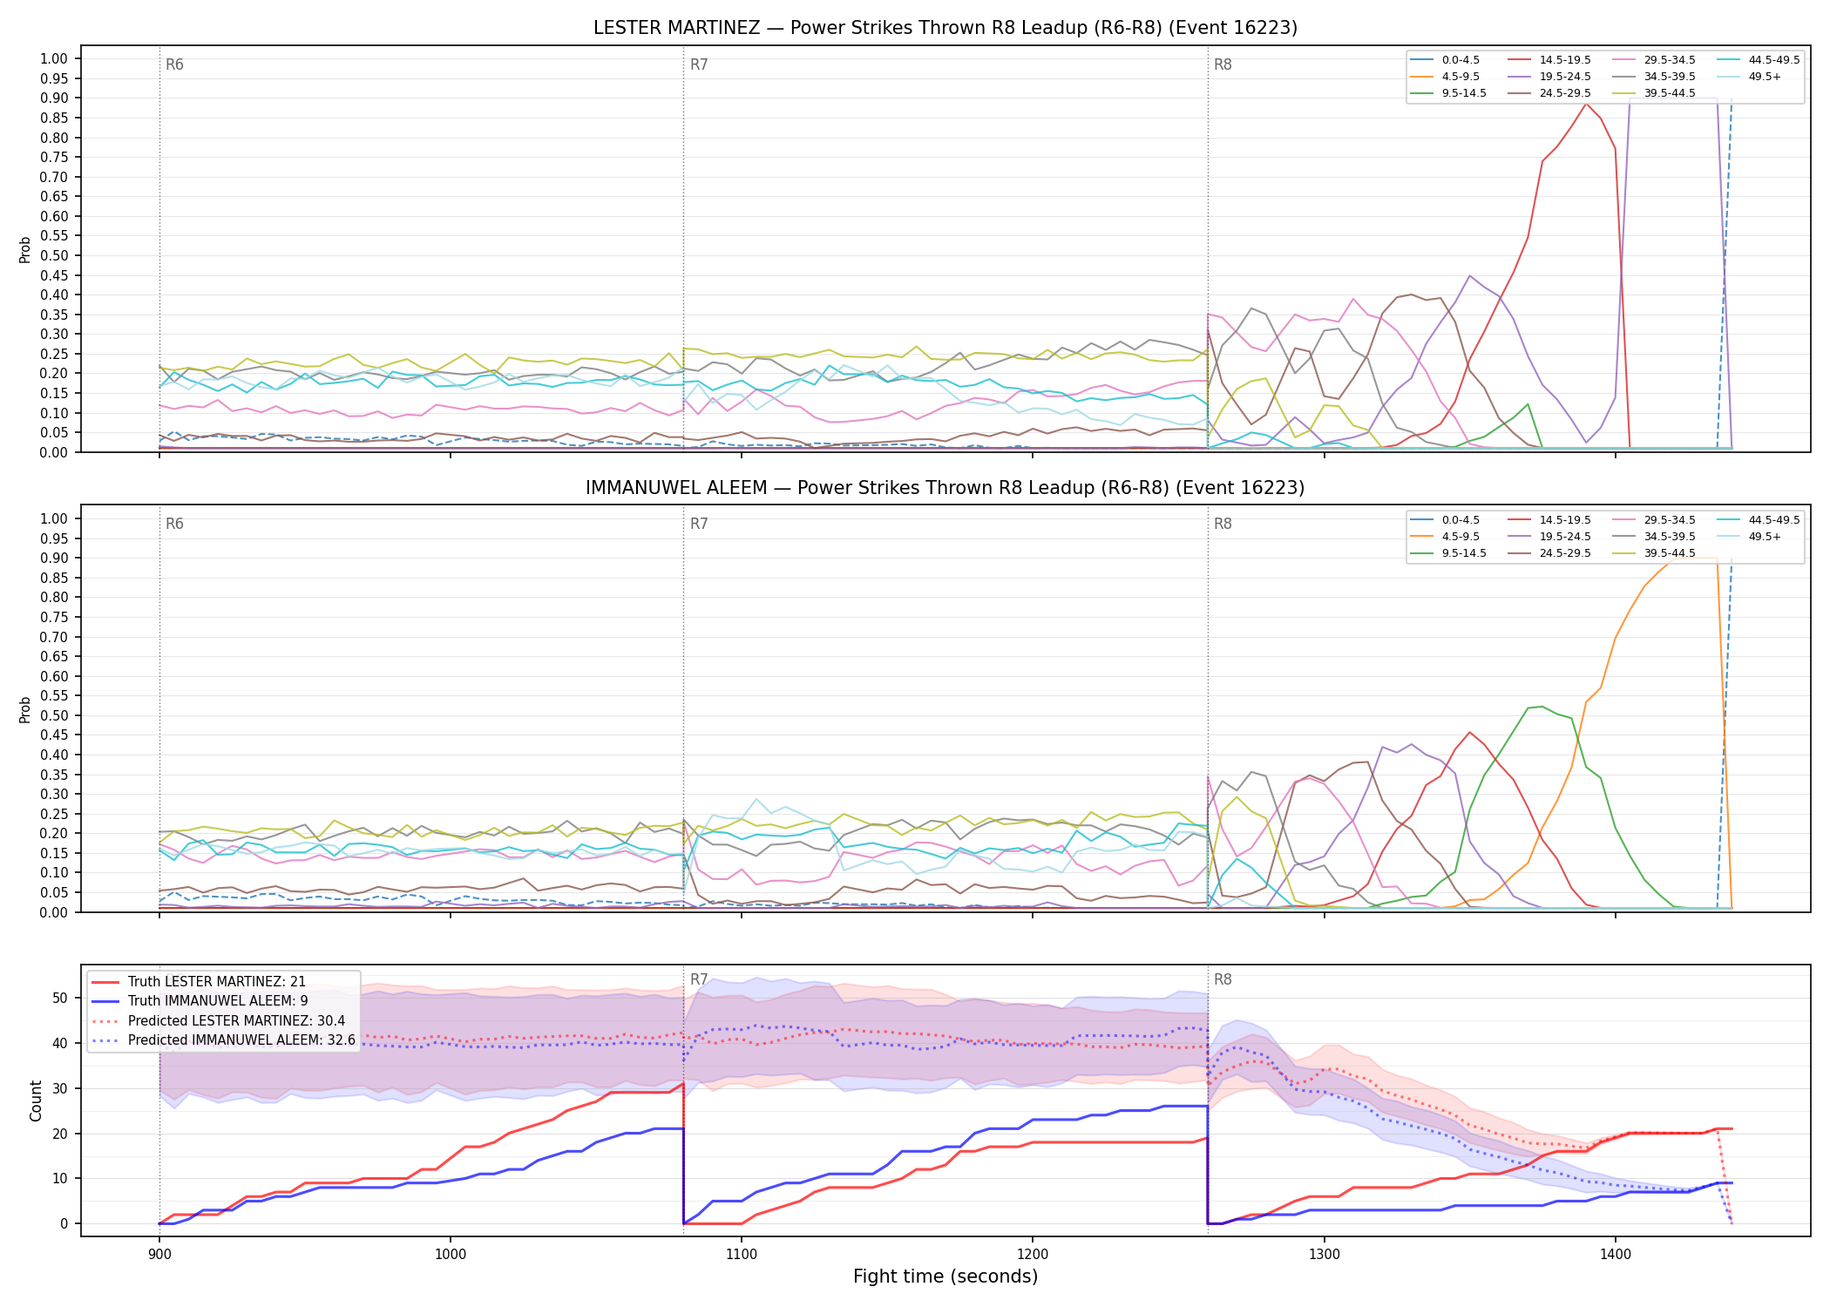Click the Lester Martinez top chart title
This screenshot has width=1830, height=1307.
point(945,28)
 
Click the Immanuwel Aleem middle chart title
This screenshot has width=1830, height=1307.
point(945,488)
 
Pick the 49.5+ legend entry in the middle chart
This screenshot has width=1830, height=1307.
point(1765,537)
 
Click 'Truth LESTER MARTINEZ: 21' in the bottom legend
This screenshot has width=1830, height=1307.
point(217,982)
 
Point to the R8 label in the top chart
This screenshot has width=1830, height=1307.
point(1223,65)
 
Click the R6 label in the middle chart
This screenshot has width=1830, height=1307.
point(175,525)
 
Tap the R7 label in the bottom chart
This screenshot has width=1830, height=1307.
point(700,980)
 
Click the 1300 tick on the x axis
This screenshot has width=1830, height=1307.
point(1325,1255)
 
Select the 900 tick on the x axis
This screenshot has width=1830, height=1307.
point(159,1255)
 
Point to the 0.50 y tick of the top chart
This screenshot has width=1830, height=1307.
point(54,256)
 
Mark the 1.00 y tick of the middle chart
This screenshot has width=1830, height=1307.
point(54,519)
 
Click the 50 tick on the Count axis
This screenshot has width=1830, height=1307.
point(60,999)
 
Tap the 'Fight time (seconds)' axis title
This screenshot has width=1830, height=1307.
point(945,1277)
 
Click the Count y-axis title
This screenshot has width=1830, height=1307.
point(36,1100)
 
